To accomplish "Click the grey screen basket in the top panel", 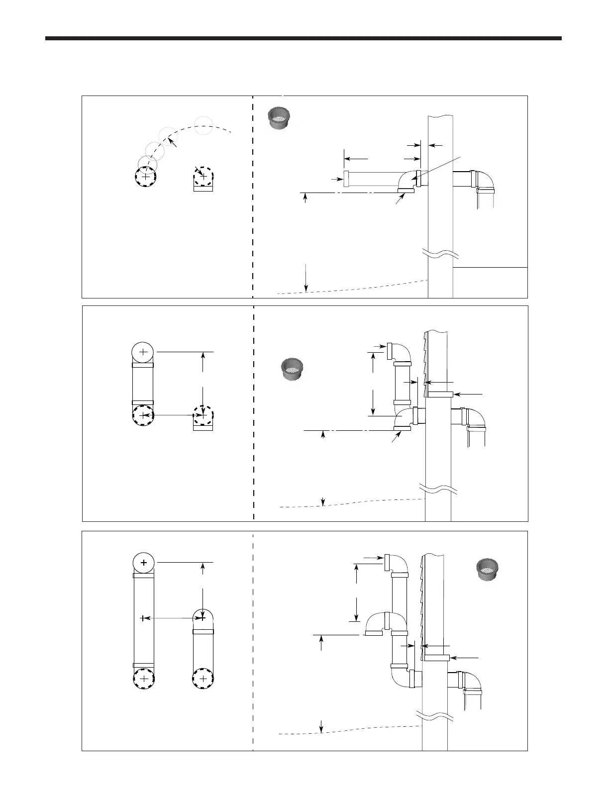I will click(x=280, y=118).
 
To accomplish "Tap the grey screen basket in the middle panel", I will click(x=292, y=369).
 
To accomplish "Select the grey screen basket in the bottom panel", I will click(x=488, y=569).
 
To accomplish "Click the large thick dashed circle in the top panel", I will click(x=145, y=177).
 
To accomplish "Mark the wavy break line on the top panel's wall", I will click(x=440, y=254).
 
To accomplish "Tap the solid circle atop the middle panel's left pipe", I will click(x=143, y=352).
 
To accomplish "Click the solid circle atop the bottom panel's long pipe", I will click(x=144, y=563).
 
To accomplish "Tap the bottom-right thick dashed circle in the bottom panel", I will click(x=203, y=679).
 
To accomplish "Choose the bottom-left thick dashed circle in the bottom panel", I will click(x=144, y=679).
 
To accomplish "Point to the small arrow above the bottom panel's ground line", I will click(x=321, y=726).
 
